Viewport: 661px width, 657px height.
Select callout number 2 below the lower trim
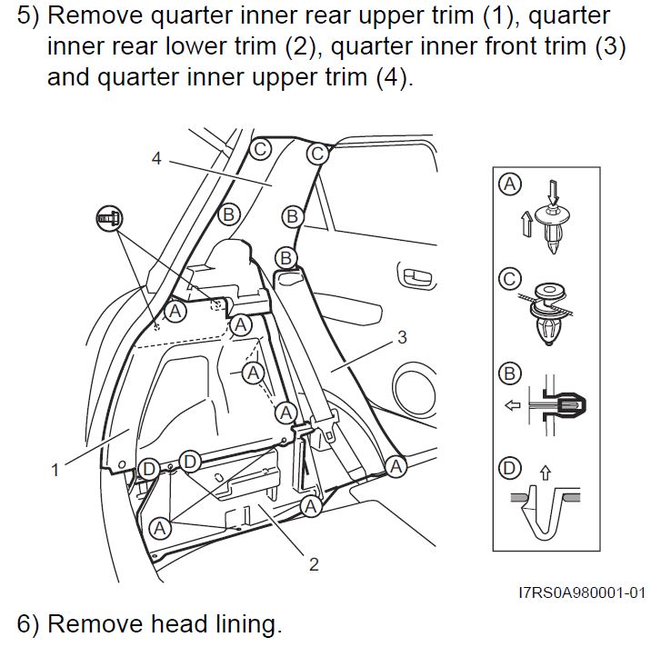[x=314, y=564]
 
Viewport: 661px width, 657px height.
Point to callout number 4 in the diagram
[x=156, y=158]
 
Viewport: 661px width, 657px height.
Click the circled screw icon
[x=107, y=217]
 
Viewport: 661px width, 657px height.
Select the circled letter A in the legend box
[x=511, y=184]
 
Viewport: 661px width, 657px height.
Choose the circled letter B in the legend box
[x=511, y=373]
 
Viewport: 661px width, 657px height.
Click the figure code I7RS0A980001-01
[x=582, y=592]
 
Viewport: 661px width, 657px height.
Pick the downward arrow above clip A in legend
[x=552, y=191]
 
